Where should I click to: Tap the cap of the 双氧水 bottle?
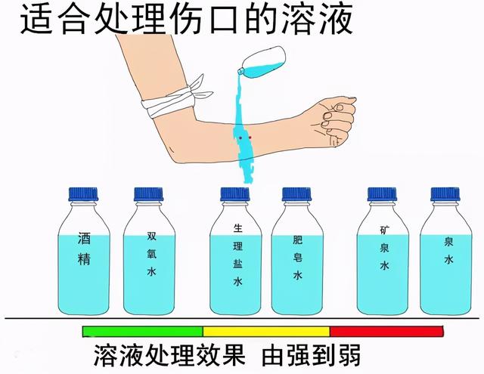pyautogui.click(x=149, y=194)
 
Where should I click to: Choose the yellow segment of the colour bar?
pyautogui.click(x=266, y=331)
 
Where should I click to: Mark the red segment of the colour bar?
pyautogui.click(x=386, y=331)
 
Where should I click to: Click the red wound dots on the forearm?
pyautogui.click(x=244, y=138)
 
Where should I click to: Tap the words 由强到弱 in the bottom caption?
pyautogui.click(x=312, y=355)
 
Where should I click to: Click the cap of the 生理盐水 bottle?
pyautogui.click(x=235, y=194)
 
